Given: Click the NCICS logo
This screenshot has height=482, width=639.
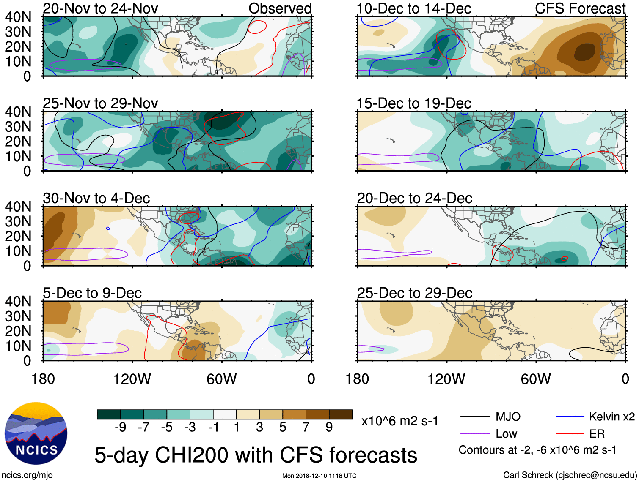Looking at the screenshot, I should click(x=36, y=433).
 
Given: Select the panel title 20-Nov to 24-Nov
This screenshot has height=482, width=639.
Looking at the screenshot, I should click(x=100, y=8).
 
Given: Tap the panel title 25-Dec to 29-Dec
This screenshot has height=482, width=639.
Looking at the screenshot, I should click(x=414, y=293).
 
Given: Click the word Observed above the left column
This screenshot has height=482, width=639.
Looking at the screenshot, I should click(x=280, y=8).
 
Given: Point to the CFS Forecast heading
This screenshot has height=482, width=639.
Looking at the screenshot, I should click(x=580, y=8).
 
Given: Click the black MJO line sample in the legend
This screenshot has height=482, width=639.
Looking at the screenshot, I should click(x=475, y=417).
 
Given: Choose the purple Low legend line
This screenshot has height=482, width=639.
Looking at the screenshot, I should click(x=475, y=434).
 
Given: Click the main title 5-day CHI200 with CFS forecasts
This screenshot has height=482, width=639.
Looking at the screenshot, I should click(x=256, y=455).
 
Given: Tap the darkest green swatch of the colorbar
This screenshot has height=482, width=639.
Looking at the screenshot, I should click(x=109, y=414).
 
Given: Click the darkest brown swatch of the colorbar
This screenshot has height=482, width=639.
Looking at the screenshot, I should click(x=341, y=414).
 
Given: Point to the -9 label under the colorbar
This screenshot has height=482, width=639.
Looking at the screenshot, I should click(x=120, y=428).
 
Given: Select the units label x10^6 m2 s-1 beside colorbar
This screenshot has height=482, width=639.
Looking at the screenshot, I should click(x=399, y=421).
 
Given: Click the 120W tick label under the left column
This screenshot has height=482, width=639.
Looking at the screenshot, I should click(x=132, y=379).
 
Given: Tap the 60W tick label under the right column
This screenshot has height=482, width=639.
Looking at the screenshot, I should click(x=536, y=379).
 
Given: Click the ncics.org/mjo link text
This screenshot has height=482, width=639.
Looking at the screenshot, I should click(x=27, y=475).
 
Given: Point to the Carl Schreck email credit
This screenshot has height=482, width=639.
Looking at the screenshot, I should click(x=570, y=475).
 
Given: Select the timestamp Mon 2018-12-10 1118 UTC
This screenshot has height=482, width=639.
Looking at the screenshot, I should click(x=319, y=476).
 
